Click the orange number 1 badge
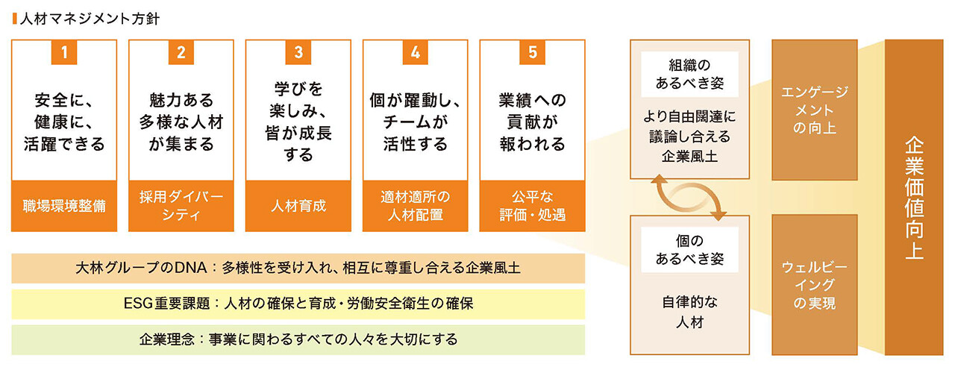64,52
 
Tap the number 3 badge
298,52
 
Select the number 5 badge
532,52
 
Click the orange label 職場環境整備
64,206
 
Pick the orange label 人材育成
298,206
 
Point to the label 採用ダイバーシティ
181,206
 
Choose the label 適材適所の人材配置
416,206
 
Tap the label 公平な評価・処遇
532,206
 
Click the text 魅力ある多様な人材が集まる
181,122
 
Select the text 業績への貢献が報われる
532,122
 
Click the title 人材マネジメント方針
90,19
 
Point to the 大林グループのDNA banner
298,268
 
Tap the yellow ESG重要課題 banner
298,304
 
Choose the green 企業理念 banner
298,339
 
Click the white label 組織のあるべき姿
689,74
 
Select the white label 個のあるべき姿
689,250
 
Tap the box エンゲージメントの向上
814,110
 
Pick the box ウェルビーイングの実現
814,285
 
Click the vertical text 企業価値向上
914,198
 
